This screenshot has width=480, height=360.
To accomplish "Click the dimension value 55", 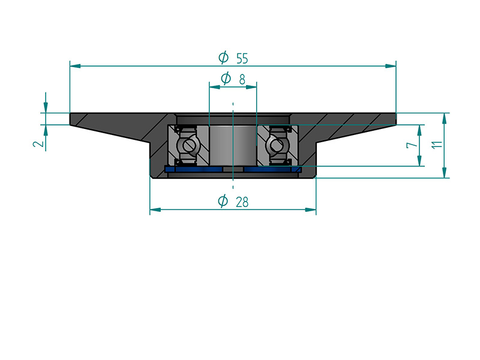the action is pyautogui.click(x=242, y=58).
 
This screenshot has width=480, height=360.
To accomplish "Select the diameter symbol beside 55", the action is pyautogui.click(x=223, y=57).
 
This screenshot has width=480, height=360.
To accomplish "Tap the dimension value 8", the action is pyautogui.click(x=242, y=79).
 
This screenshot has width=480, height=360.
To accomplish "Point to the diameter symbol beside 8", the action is pyautogui.click(x=226, y=79).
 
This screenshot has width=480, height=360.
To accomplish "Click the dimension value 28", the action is pyautogui.click(x=242, y=202).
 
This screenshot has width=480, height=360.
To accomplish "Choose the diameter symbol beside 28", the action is pyautogui.click(x=223, y=201).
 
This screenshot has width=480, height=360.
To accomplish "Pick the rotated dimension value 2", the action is pyautogui.click(x=39, y=143).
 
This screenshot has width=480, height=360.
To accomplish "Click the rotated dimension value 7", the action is pyautogui.click(x=412, y=145).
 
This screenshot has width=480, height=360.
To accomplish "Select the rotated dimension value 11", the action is pyautogui.click(x=437, y=145).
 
